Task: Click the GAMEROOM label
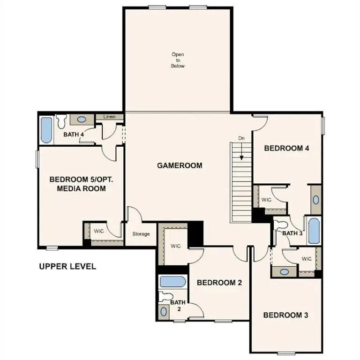(x=180, y=165)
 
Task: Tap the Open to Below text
(x=178, y=60)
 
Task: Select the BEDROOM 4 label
(x=286, y=149)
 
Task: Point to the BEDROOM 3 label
(x=285, y=315)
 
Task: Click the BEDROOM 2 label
(x=219, y=283)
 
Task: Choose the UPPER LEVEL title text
(x=67, y=267)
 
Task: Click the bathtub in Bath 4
(x=46, y=130)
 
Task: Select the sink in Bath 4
(x=82, y=120)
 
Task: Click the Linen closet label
(x=109, y=116)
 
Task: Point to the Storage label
(x=141, y=234)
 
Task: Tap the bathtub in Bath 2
(x=172, y=282)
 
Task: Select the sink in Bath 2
(x=164, y=311)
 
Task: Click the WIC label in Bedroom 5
(x=98, y=231)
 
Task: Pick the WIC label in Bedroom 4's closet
(x=266, y=200)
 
